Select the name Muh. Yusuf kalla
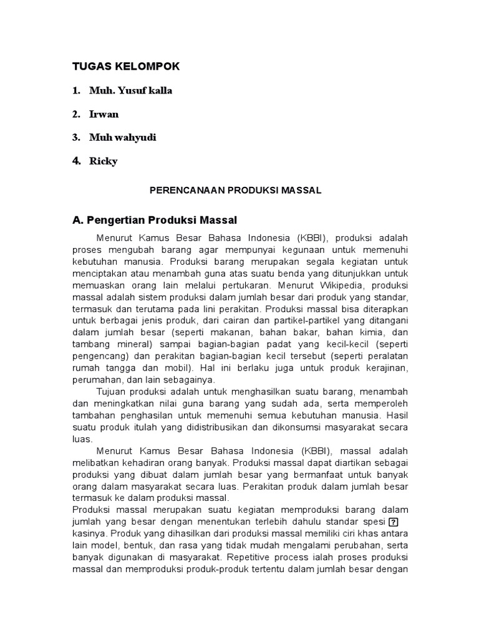[x=130, y=90]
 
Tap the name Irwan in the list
[x=104, y=114]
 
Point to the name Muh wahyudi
[x=122, y=138]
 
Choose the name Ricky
[x=104, y=161]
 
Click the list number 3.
[x=75, y=138]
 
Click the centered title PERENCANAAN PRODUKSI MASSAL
[x=236, y=191]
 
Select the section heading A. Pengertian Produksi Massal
[x=155, y=221]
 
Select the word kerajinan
[x=385, y=368]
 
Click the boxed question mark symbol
[x=393, y=522]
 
